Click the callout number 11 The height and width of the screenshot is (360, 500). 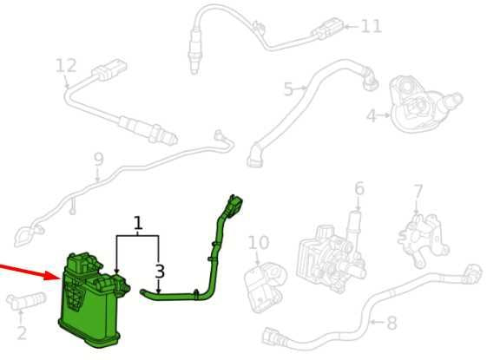pos(372,26)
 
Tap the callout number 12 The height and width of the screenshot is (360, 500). pos(66,66)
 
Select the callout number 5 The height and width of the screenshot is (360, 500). pos(288,88)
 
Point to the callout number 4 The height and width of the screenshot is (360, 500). pos(372,116)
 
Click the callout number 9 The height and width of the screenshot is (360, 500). pos(99,160)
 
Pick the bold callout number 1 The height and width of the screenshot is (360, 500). pos(138,223)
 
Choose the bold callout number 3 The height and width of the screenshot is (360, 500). pos(160,272)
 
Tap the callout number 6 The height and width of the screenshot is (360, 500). pos(359,188)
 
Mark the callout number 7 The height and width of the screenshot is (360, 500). pos(418,192)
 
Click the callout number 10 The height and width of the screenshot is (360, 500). pos(259,243)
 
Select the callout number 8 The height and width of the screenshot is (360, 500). pos(391,323)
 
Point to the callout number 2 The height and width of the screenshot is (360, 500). pos(22,332)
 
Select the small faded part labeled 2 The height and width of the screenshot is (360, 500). pos(26,301)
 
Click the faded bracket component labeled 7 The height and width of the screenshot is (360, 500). pos(423,239)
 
